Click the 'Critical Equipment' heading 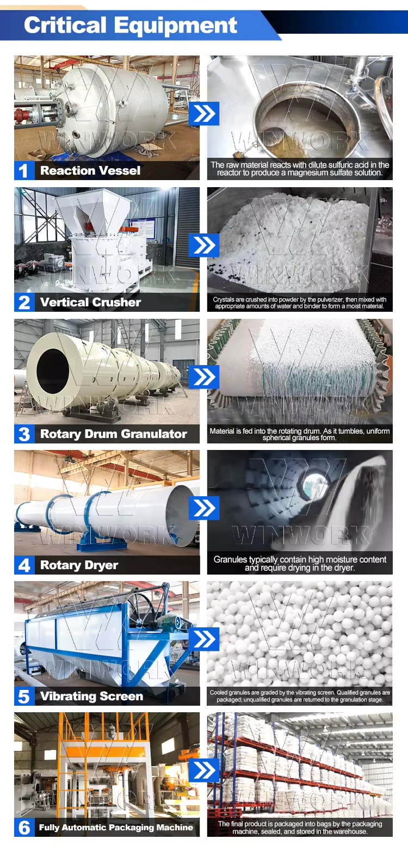130,25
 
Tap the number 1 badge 24,170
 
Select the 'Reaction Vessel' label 90,170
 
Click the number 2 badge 24,302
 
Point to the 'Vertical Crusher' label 90,302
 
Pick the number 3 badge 24,434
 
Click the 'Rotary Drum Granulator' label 114,434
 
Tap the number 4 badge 24,565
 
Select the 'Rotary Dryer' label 79,565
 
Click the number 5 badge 24,696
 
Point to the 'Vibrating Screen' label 91,696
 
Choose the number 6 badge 24,828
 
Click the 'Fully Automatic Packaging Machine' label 116,828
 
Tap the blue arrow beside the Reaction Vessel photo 204,114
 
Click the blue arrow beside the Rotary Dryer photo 204,508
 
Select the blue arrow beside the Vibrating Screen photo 204,639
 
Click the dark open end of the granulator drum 53,370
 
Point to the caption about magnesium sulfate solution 300,169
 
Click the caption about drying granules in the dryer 300,564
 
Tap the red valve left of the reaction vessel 21,115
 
